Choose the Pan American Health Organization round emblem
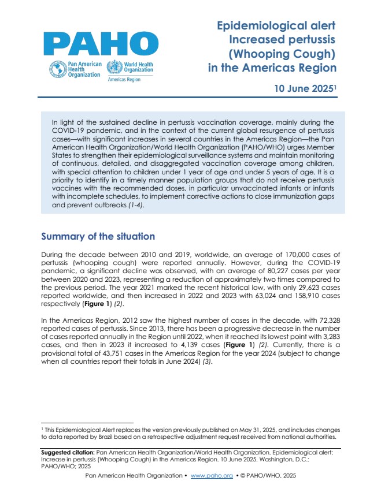click(58, 70)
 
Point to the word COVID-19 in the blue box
click(68, 131)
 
